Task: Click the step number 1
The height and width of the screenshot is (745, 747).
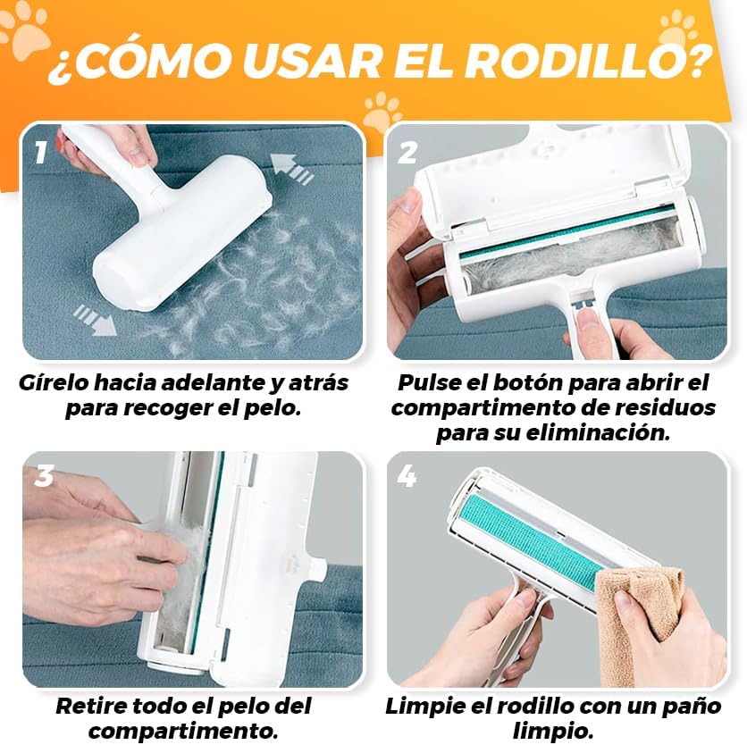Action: [40, 153]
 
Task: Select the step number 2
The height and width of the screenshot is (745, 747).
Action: [407, 153]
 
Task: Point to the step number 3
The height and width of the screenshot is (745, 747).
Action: [43, 476]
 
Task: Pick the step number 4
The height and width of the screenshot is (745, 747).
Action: [407, 477]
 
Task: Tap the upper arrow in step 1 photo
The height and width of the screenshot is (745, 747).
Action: [295, 168]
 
